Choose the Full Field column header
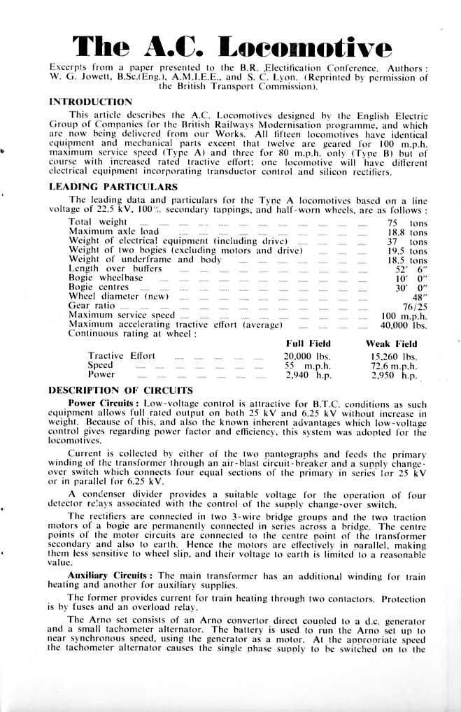click(x=308, y=344)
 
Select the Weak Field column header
click(x=391, y=344)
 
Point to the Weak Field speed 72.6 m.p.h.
click(x=394, y=366)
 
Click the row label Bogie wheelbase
click(x=106, y=278)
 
